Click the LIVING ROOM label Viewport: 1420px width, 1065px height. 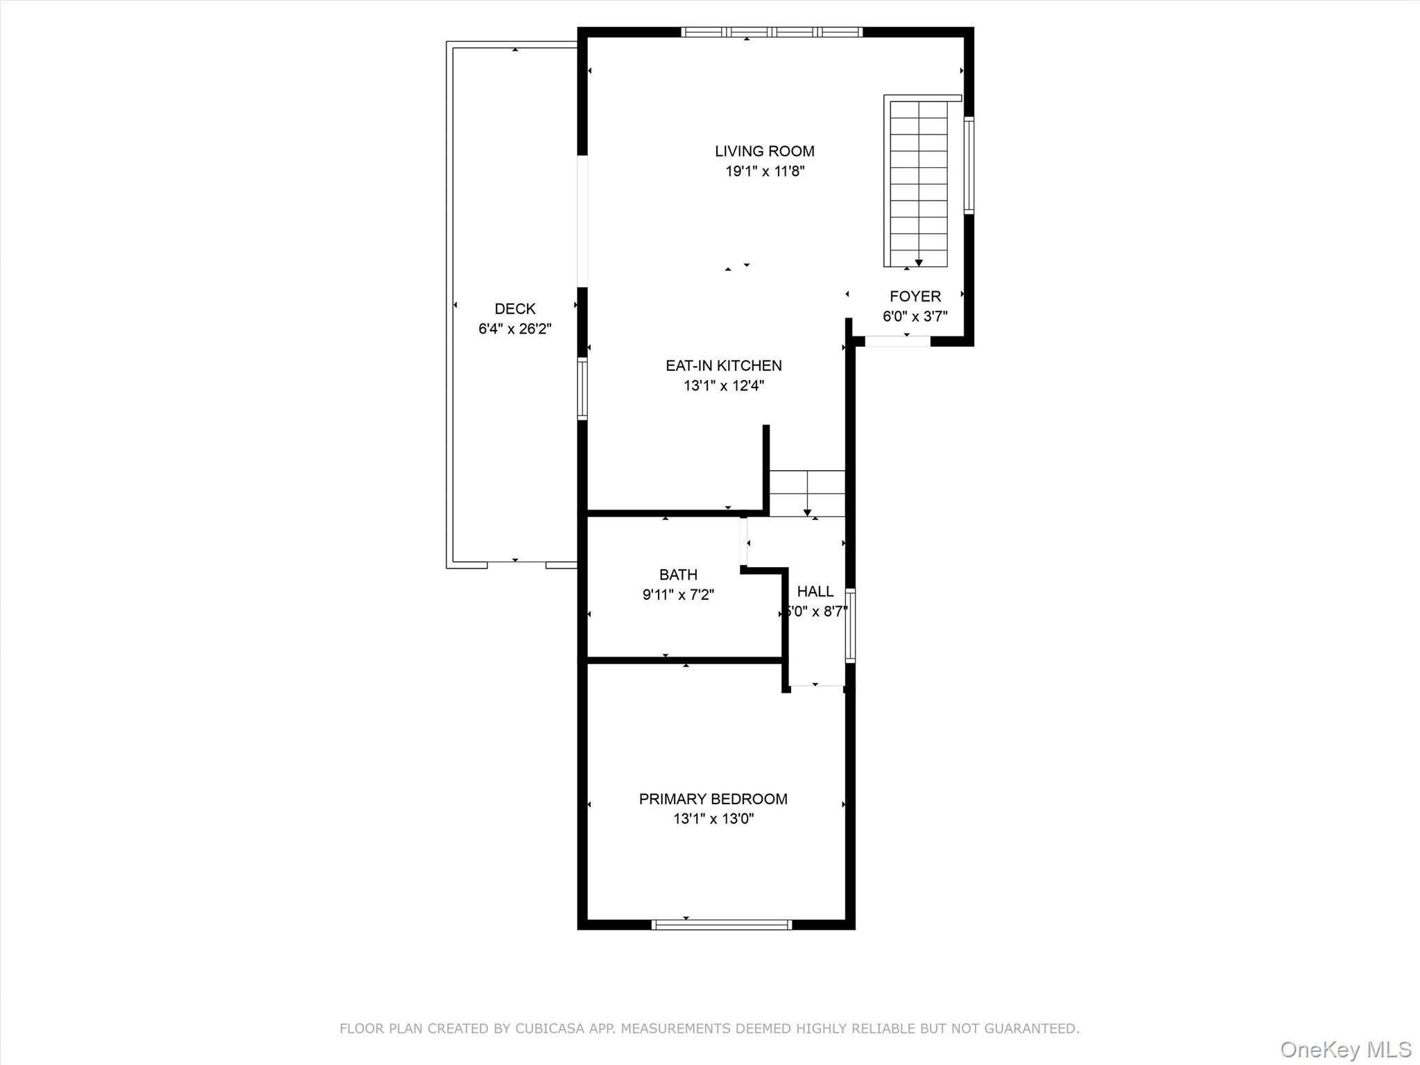coord(765,151)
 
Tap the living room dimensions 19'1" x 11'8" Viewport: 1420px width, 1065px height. coord(765,171)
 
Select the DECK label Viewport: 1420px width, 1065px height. coord(514,309)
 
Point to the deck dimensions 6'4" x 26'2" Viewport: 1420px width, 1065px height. coord(514,329)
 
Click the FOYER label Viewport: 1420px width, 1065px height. coord(915,297)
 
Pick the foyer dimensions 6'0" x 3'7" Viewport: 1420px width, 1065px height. coord(915,317)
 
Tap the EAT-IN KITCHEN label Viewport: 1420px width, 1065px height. coord(723,365)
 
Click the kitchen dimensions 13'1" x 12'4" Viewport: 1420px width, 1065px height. coord(723,386)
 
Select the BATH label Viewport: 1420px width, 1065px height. coord(678,575)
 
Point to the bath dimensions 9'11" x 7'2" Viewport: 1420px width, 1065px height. coord(678,595)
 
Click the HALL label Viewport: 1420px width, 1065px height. coord(815,591)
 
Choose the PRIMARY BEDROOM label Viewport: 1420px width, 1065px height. coord(713,799)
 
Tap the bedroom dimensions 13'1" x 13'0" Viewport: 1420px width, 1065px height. coord(713,819)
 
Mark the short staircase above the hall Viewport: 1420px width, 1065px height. coord(807,493)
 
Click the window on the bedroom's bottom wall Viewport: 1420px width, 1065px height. coord(722,924)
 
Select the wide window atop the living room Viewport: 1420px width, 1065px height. coord(771,32)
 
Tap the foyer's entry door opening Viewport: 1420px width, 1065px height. coord(897,341)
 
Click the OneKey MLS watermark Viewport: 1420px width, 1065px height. coord(1345,1049)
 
